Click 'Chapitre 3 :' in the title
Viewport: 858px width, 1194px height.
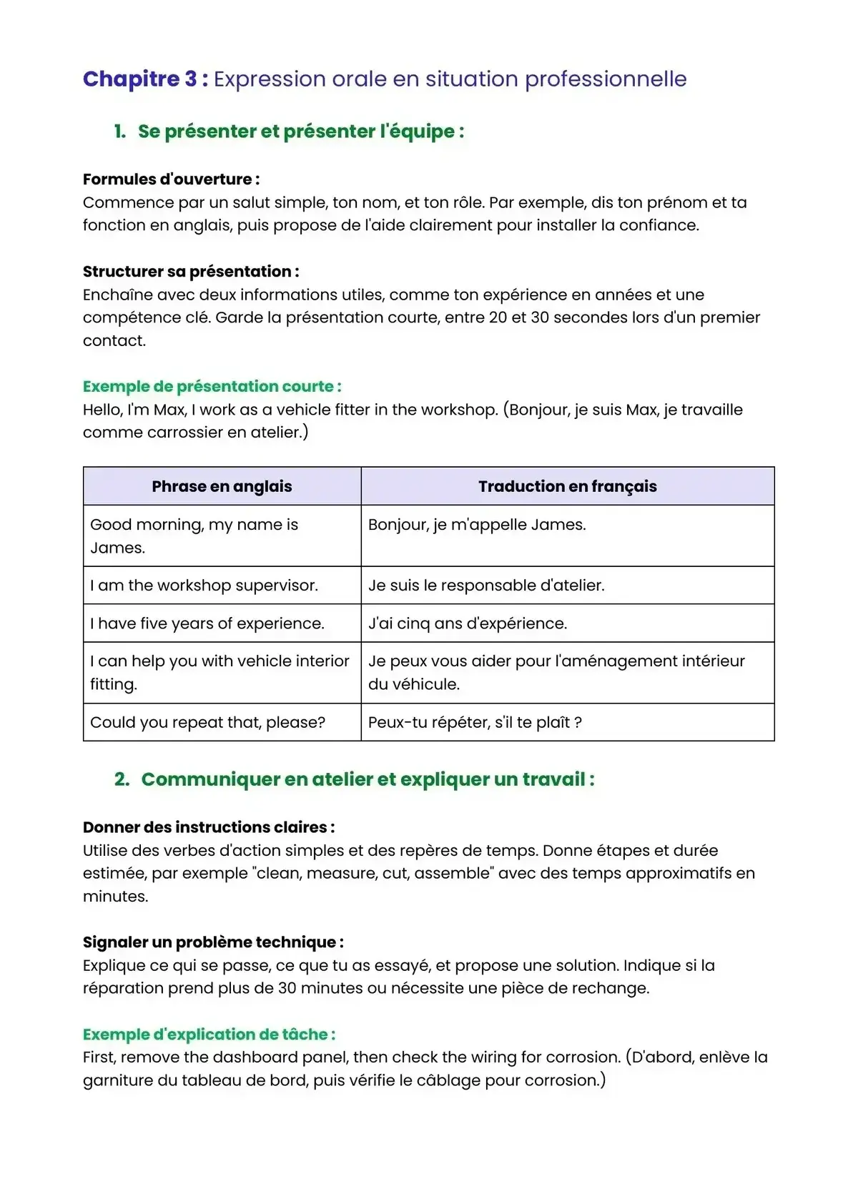click(145, 79)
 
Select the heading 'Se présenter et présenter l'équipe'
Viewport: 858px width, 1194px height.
click(300, 132)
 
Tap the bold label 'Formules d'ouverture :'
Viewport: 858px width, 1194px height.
click(171, 179)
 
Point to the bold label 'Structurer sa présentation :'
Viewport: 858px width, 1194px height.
click(191, 272)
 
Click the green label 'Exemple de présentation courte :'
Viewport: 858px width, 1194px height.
click(212, 387)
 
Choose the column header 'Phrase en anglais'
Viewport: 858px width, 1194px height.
click(222, 487)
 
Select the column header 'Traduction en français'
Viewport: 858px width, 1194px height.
click(567, 487)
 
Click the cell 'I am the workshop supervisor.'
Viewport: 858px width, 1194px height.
click(204, 586)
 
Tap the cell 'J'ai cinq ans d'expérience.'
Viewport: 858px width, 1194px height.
click(468, 623)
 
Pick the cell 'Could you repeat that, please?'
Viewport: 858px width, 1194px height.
click(207, 723)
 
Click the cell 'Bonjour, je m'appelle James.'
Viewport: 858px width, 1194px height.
click(477, 525)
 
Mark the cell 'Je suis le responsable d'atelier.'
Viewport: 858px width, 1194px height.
click(486, 586)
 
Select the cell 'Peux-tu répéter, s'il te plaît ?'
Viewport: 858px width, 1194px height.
click(475, 723)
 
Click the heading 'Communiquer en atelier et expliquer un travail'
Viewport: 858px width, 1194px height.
click(368, 779)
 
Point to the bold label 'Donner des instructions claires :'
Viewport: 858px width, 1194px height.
click(209, 827)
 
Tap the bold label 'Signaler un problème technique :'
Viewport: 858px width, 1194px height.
click(213, 942)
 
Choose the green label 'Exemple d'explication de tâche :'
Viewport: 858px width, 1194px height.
click(209, 1035)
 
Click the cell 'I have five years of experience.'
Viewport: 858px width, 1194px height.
click(207, 623)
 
